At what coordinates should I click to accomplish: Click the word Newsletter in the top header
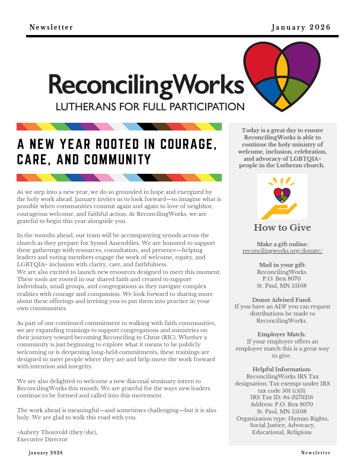pos(51,27)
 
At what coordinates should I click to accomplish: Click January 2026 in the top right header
pos(301,27)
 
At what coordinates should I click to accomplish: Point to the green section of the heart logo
pos(295,90)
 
